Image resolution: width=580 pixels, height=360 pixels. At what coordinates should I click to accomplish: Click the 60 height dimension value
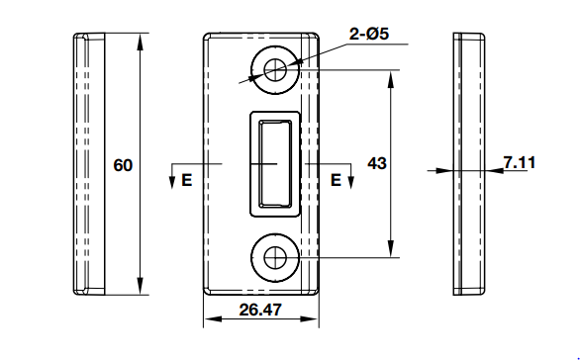(123, 165)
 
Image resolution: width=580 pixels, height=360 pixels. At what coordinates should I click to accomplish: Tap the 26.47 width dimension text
(260, 310)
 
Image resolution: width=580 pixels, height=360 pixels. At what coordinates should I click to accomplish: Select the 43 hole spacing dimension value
(377, 163)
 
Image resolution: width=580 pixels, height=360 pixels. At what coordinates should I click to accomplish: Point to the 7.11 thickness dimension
(520, 162)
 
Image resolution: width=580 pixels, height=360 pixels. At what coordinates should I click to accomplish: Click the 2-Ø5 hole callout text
(369, 34)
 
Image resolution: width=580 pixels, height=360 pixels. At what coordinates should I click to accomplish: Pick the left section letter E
(187, 180)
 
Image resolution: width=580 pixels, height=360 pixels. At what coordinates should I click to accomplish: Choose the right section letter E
(336, 180)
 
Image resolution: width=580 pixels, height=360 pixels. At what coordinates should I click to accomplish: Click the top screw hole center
(275, 70)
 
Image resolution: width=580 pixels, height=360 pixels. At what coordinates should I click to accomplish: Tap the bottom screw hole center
(275, 257)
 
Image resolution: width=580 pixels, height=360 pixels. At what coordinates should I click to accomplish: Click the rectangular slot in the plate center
(275, 163)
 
